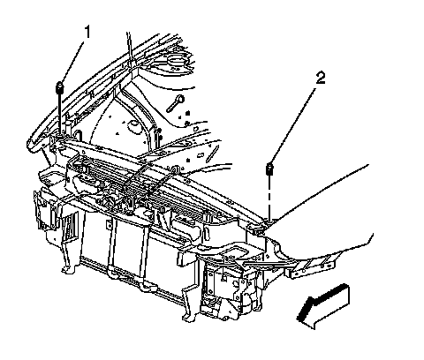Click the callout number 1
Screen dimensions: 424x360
click(x=87, y=33)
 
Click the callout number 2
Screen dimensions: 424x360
click(x=321, y=79)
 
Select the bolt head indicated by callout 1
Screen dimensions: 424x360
click(x=60, y=87)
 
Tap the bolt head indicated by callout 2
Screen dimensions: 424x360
click(x=269, y=169)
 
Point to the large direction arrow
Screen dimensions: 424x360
click(x=322, y=306)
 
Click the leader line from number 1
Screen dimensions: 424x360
click(x=72, y=61)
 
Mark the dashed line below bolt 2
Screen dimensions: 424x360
click(x=269, y=197)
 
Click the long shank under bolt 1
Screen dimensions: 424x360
click(x=60, y=113)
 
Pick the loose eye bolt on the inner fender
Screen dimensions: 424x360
click(x=176, y=103)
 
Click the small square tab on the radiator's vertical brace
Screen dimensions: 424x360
click(x=110, y=224)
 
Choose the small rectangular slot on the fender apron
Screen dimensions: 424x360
click(x=201, y=155)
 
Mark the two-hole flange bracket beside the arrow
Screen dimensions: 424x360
click(x=312, y=267)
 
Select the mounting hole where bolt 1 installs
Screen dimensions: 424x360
click(x=60, y=136)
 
